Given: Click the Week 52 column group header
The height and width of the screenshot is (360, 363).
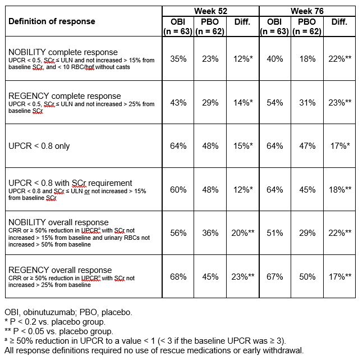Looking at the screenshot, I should point(210,11).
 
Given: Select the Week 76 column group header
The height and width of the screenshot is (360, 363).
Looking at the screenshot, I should point(307,11).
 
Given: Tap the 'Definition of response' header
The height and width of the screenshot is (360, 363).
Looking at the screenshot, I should point(52,21).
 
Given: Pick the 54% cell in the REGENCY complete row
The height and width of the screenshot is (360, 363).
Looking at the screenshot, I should point(275,103).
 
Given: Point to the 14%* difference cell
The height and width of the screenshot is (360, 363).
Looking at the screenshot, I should point(243,103).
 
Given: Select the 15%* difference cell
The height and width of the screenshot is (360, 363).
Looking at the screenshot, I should point(243,147).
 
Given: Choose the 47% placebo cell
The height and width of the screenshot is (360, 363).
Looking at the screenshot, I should point(307,147).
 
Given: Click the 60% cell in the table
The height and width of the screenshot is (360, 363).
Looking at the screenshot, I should point(178,190).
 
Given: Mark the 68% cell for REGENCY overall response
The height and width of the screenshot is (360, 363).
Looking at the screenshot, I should point(178,276).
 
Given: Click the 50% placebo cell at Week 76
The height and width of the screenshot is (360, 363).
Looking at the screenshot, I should point(307,276).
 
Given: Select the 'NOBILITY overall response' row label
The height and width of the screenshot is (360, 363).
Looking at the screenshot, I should point(59,222).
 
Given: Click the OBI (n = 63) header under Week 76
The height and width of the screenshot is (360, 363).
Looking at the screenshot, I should point(275,27).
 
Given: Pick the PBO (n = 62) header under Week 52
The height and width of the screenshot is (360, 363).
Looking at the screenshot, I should point(210,27).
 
